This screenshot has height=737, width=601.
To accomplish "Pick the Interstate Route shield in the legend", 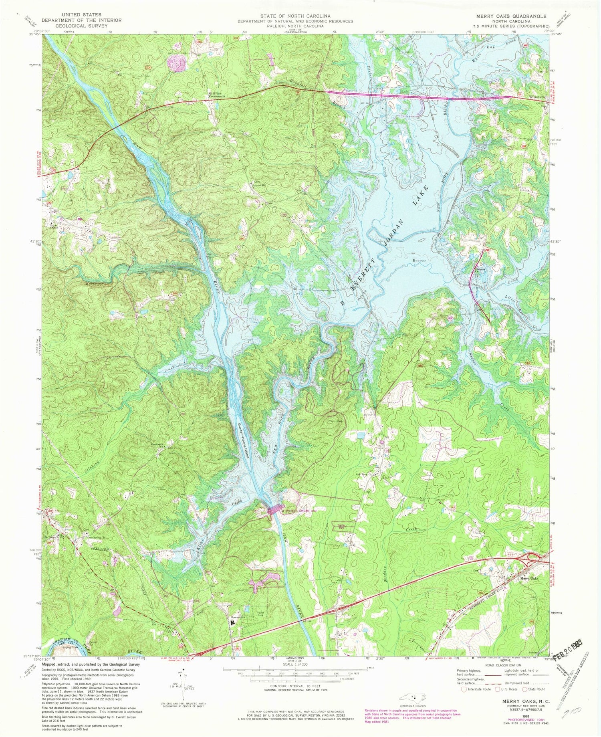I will coord(464,689).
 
